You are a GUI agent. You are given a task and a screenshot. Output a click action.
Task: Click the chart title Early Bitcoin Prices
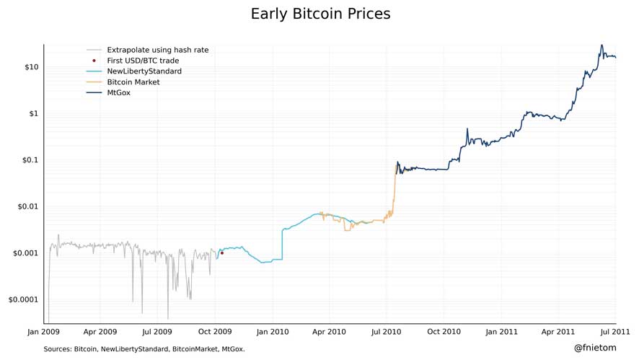click(320, 14)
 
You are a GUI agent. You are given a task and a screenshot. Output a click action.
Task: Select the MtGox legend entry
click(118, 93)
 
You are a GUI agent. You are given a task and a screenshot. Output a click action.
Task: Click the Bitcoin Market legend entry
click(133, 82)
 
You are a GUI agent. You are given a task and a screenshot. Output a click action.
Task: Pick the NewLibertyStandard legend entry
click(144, 71)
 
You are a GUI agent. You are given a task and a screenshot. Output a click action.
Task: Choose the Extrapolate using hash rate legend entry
click(157, 50)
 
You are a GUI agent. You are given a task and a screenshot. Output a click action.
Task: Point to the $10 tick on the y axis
click(31, 67)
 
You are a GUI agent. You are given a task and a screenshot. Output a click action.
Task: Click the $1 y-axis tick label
click(33, 114)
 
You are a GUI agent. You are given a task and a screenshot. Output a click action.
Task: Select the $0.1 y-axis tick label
click(29, 160)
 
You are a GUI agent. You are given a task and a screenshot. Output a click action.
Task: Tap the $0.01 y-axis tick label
click(27, 207)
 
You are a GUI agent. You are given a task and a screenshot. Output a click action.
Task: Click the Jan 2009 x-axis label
click(43, 332)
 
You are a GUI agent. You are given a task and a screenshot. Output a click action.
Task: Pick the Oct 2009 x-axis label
click(215, 332)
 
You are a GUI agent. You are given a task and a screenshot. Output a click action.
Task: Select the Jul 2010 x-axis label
click(386, 332)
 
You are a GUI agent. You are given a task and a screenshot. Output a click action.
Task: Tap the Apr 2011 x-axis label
click(558, 332)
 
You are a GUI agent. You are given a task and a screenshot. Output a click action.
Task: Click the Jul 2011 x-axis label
click(615, 332)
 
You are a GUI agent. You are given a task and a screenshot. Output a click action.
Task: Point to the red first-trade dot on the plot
click(221, 253)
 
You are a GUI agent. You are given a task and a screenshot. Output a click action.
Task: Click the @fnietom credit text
click(595, 348)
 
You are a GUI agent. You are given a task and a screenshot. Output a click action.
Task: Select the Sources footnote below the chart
click(144, 349)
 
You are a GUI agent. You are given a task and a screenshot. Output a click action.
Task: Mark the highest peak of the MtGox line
click(601, 45)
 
